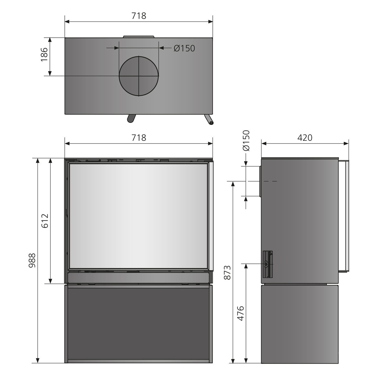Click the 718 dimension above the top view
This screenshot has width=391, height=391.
pyautogui.click(x=139, y=16)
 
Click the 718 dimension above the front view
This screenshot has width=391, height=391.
pyautogui.click(x=139, y=138)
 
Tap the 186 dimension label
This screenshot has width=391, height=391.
pyautogui.click(x=44, y=54)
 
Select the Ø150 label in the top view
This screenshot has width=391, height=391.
pyautogui.click(x=184, y=48)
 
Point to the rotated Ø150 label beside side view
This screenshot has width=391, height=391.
pyautogui.click(x=246, y=140)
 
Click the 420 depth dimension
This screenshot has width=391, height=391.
pyautogui.click(x=305, y=138)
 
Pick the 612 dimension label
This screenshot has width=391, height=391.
pyautogui.click(x=45, y=221)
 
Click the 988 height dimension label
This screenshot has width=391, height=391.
pyautogui.click(x=32, y=260)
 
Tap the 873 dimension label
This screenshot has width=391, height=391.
pyautogui.click(x=227, y=273)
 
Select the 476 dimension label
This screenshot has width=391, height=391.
pyautogui.click(x=240, y=313)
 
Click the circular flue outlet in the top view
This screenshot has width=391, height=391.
pyautogui.click(x=139, y=76)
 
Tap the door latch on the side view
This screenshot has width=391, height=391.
pyautogui.click(x=267, y=264)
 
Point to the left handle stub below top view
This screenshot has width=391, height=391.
pyautogui.click(x=131, y=118)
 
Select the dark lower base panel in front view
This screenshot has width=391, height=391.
pyautogui.click(x=138, y=323)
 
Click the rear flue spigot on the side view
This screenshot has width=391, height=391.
pyautogui.click(x=260, y=181)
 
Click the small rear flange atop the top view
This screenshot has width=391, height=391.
pyautogui.click(x=139, y=36)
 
